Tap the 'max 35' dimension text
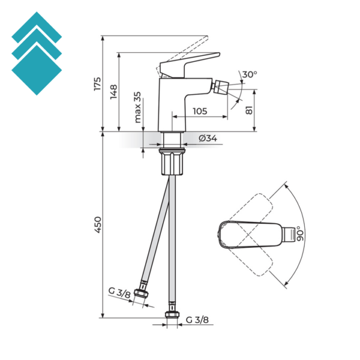[137, 107]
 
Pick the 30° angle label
[250, 75]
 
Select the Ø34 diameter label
[208, 139]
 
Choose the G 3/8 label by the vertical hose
[196, 320]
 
